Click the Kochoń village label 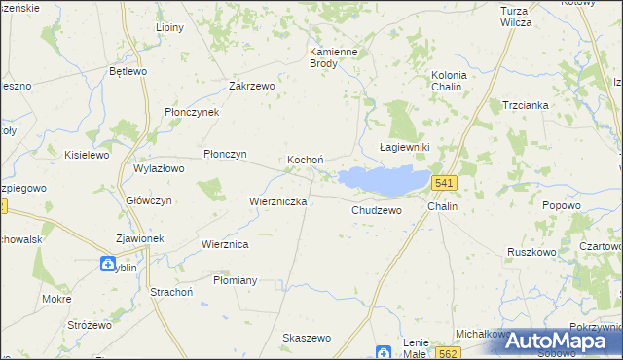(305, 160)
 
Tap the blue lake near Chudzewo (385, 179)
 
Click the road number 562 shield (447, 352)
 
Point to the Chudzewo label (376, 209)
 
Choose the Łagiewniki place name (403, 147)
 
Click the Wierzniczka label (278, 201)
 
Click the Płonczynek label (192, 112)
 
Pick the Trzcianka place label (526, 105)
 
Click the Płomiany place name (235, 280)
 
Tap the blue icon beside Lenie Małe (385, 352)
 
